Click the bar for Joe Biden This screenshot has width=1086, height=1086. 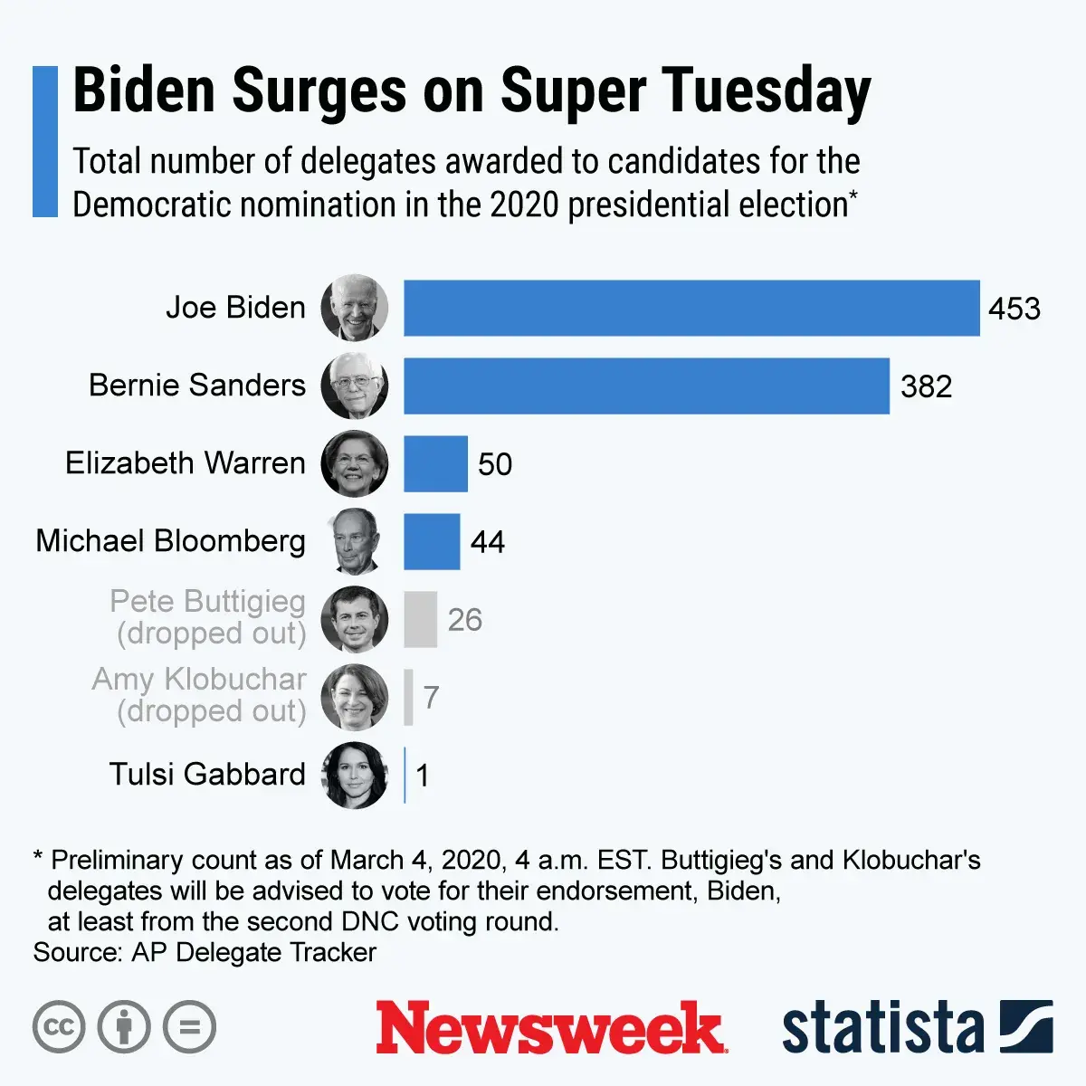point(691,309)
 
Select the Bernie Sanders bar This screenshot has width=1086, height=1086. point(646,386)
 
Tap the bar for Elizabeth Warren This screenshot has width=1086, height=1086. point(435,464)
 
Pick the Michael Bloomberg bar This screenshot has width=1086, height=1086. point(432,542)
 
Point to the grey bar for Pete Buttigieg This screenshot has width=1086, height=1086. point(420,620)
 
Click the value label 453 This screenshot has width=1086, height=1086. point(1015,310)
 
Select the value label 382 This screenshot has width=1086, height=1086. point(926,387)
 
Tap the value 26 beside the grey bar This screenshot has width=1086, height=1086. point(464,620)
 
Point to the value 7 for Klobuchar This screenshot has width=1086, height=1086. point(431,698)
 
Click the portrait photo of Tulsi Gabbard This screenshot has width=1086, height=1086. point(355,775)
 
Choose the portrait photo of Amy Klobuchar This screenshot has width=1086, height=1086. point(355,697)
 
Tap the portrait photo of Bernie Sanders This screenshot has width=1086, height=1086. point(355,386)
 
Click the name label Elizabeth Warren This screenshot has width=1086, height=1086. point(186,463)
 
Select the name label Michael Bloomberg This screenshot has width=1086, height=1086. point(170,541)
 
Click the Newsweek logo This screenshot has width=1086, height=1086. point(550,1028)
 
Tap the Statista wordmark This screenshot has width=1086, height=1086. point(882,1028)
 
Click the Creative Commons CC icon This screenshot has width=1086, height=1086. point(59,1027)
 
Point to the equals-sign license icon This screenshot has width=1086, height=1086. point(190,1027)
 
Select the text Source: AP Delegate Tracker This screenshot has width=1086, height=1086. point(205,953)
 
